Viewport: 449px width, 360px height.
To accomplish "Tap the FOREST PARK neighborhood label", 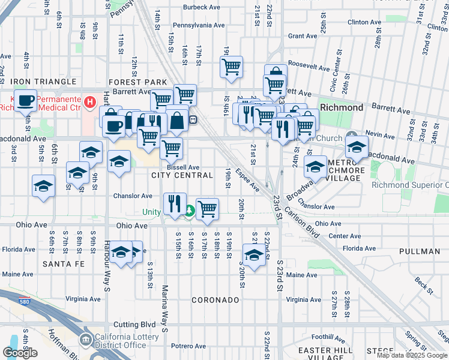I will point(137,82).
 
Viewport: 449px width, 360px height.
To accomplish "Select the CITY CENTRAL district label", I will point(182,175).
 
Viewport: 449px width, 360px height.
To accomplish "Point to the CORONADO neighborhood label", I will point(215,299).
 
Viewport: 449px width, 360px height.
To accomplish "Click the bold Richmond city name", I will point(342,107).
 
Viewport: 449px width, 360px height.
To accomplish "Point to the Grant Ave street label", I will point(303,36).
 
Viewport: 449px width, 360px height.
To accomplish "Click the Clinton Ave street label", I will point(365,22).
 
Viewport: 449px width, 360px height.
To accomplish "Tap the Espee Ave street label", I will point(247,179).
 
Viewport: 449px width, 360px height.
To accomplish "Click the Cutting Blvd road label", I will point(130,324).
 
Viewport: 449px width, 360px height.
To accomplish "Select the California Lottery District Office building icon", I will point(86,340).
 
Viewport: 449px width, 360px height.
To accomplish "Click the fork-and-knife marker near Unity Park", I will point(175,203).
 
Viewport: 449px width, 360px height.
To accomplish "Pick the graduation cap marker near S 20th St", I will point(254,254).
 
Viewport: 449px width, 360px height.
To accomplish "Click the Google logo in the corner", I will point(20,353).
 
